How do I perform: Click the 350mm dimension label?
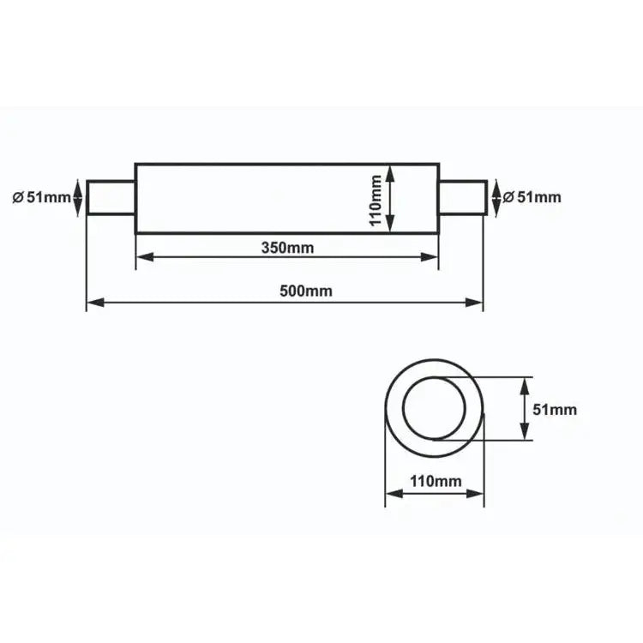click(287, 249)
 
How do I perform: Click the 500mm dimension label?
click(305, 291)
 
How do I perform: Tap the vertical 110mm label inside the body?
click(376, 199)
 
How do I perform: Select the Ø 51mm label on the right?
click(532, 197)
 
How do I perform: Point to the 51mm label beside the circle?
click(555, 410)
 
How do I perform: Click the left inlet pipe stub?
click(111, 198)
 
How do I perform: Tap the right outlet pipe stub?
click(462, 198)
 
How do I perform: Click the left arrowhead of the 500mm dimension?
click(93, 302)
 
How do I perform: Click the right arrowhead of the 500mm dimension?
click(477, 302)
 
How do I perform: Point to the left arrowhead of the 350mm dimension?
click(143, 255)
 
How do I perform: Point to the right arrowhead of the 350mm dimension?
click(432, 255)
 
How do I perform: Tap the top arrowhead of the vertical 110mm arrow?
click(390, 171)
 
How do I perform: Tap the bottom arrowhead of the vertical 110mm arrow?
click(390, 225)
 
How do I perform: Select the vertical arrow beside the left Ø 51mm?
click(79, 198)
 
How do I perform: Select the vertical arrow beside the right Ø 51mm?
click(495, 198)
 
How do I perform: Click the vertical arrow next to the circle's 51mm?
click(523, 408)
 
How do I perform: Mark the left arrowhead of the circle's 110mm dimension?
click(392, 493)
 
